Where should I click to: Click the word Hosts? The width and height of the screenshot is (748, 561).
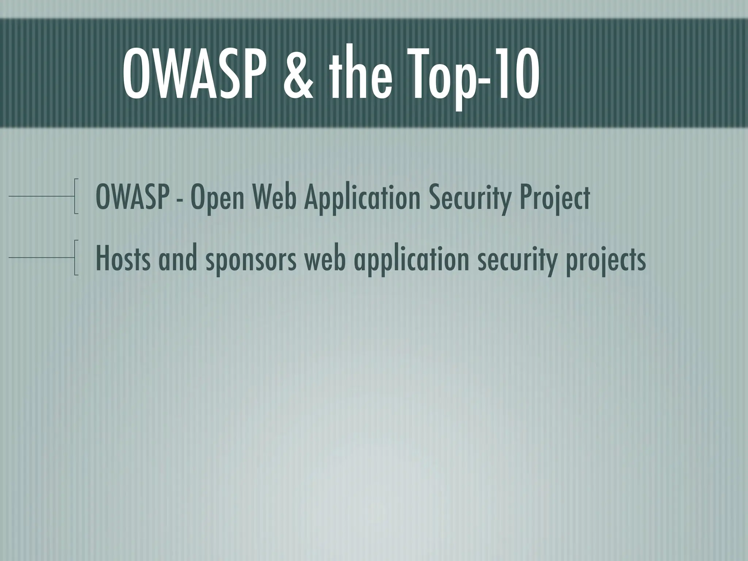(x=122, y=259)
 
